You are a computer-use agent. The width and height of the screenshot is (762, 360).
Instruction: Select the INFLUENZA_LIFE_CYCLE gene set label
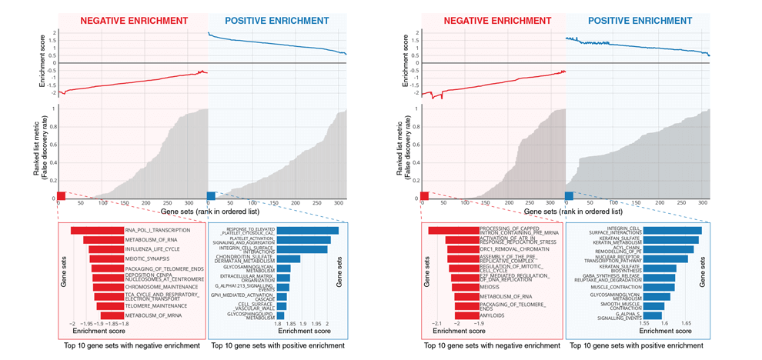pos(152,249)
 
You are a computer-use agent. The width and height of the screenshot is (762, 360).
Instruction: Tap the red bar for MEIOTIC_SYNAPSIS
pos(107,259)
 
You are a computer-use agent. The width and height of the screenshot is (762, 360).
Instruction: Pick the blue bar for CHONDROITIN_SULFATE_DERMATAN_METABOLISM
pos(288,258)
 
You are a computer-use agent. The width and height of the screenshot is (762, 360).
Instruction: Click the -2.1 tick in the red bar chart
pos(437,325)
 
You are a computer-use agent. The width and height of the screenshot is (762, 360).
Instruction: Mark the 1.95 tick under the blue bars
pos(315,325)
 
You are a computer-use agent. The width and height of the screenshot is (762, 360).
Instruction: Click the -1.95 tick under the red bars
pos(86,325)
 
